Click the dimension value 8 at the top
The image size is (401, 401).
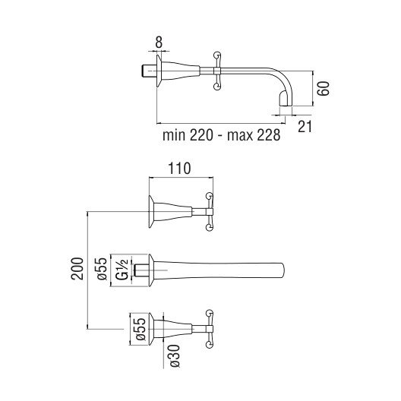(159, 43)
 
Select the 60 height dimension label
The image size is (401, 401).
(324, 89)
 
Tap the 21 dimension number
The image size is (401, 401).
(305, 127)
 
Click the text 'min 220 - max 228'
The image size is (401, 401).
(222, 135)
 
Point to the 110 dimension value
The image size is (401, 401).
(179, 169)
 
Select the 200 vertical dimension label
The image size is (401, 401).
(77, 269)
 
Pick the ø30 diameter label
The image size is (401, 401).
(174, 355)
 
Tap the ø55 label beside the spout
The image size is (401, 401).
(102, 269)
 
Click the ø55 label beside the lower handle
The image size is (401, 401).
(141, 329)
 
